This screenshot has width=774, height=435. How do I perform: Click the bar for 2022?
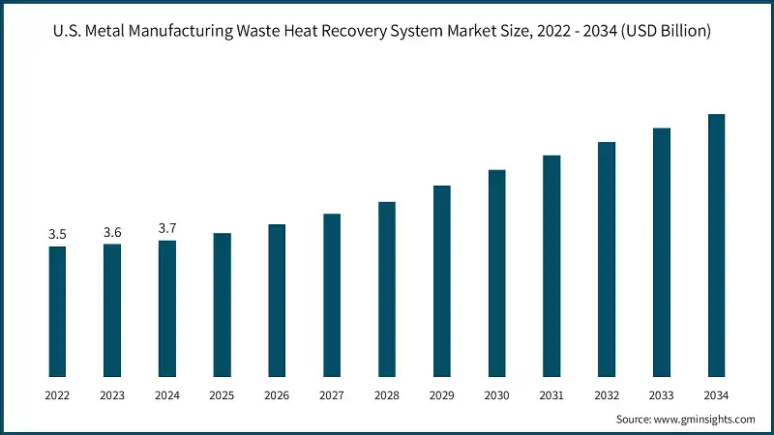coord(57,311)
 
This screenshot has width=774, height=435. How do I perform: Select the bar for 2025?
coord(222,304)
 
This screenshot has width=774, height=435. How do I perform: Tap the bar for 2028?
coord(387,289)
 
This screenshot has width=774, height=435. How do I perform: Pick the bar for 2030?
coord(496,273)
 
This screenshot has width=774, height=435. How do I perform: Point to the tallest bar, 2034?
coord(716,246)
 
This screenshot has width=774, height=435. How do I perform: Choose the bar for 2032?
coord(607,259)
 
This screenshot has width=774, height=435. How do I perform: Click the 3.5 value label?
coord(57,235)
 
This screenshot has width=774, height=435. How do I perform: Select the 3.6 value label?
coord(112,232)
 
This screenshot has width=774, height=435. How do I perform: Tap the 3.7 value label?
coord(167,229)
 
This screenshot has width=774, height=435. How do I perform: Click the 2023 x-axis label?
coord(112,394)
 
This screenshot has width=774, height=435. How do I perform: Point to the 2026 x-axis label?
coord(277,394)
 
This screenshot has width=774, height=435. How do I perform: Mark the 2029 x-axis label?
coord(441,394)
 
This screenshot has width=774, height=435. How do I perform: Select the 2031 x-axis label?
coord(551,394)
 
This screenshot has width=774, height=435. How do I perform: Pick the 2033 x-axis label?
coord(662,394)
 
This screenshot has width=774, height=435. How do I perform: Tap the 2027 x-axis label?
coord(332,394)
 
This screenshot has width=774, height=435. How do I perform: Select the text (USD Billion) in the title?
coord(665,32)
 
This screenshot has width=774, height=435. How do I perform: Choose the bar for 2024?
coord(167,308)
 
